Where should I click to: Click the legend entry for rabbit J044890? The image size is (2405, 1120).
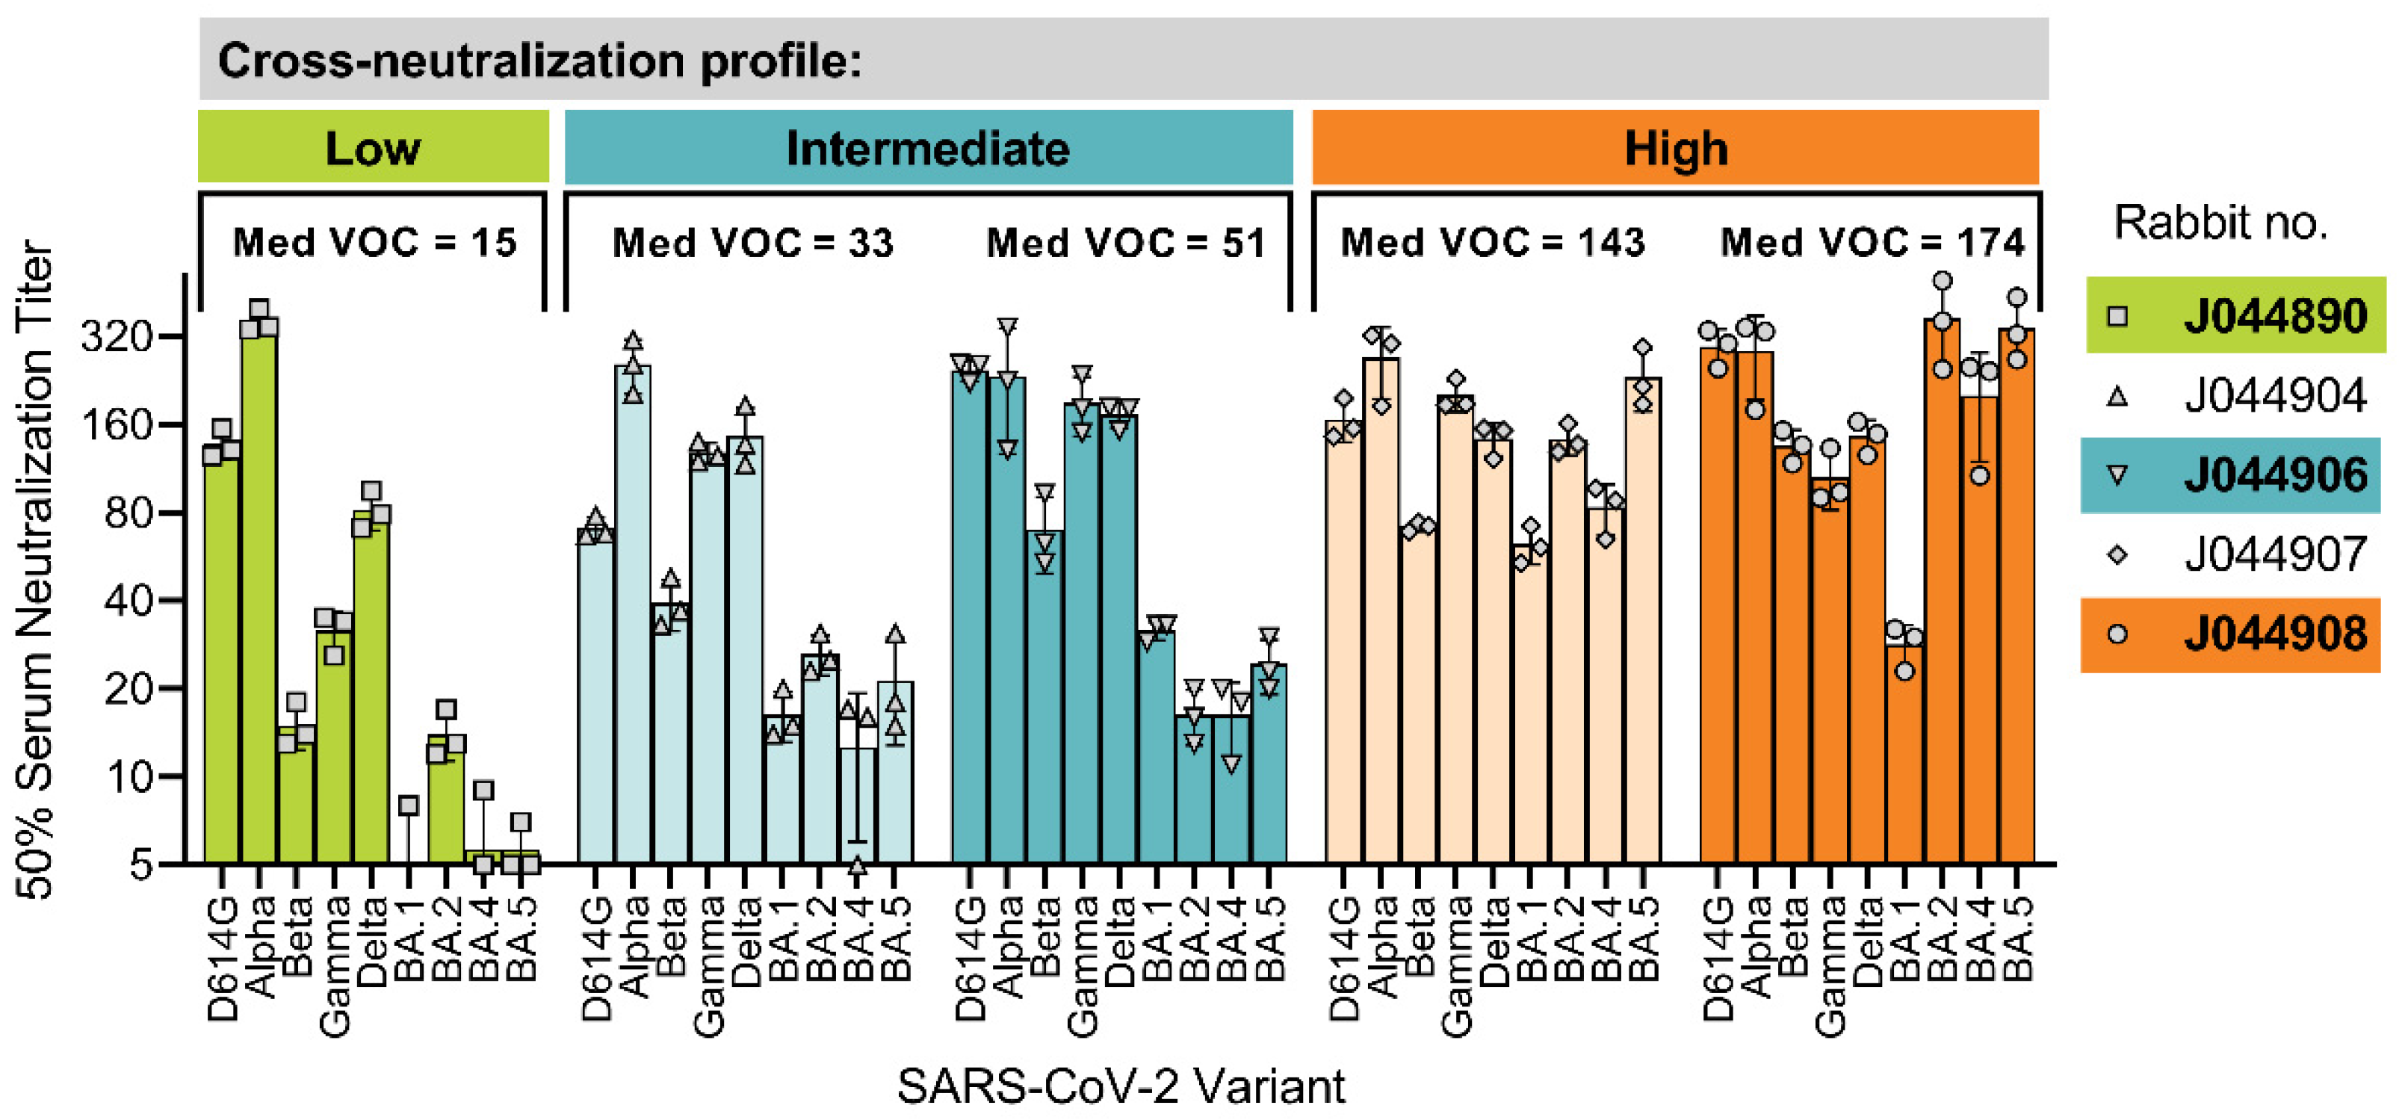click(x=2236, y=315)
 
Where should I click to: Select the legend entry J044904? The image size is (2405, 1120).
click(x=2236, y=396)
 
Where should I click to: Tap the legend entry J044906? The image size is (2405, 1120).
click(x=2232, y=475)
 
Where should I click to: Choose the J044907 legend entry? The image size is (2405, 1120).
click(x=2236, y=554)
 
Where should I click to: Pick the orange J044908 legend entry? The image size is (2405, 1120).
click(x=2232, y=634)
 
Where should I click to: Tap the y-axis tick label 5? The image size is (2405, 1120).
click(x=140, y=864)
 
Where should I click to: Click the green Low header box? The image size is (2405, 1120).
click(x=373, y=147)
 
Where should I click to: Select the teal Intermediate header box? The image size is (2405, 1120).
click(x=928, y=147)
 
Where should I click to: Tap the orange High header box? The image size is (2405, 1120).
click(x=1675, y=147)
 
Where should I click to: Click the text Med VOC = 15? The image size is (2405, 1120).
click(x=374, y=243)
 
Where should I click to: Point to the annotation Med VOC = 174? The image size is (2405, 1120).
click(x=1872, y=243)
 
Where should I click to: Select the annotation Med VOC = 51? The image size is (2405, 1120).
click(x=1126, y=243)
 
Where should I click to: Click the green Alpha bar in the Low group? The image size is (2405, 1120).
click(x=259, y=597)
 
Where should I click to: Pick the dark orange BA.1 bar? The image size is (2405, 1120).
click(x=1904, y=756)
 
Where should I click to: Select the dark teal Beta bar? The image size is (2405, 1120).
click(x=1044, y=700)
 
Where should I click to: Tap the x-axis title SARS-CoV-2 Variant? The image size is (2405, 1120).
click(x=1121, y=1086)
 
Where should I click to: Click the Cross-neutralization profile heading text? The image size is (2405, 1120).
click(x=539, y=61)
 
